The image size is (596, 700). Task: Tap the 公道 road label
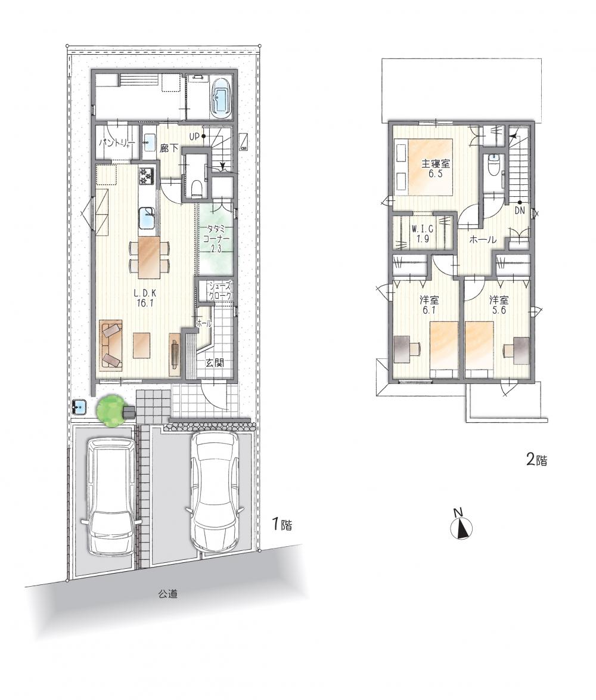(168, 594)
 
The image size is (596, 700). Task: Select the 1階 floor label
(283, 524)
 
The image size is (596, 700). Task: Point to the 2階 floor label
(536, 460)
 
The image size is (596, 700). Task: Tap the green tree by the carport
(111, 410)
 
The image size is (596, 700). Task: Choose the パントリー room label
(116, 143)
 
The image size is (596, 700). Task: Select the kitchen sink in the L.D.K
(148, 218)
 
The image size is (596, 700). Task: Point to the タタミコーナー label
(216, 239)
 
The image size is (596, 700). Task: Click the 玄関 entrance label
(214, 363)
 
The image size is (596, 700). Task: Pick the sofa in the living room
(111, 344)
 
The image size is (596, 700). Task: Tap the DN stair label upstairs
(520, 211)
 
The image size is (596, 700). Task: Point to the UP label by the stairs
(194, 137)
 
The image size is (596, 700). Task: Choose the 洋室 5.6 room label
(499, 305)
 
